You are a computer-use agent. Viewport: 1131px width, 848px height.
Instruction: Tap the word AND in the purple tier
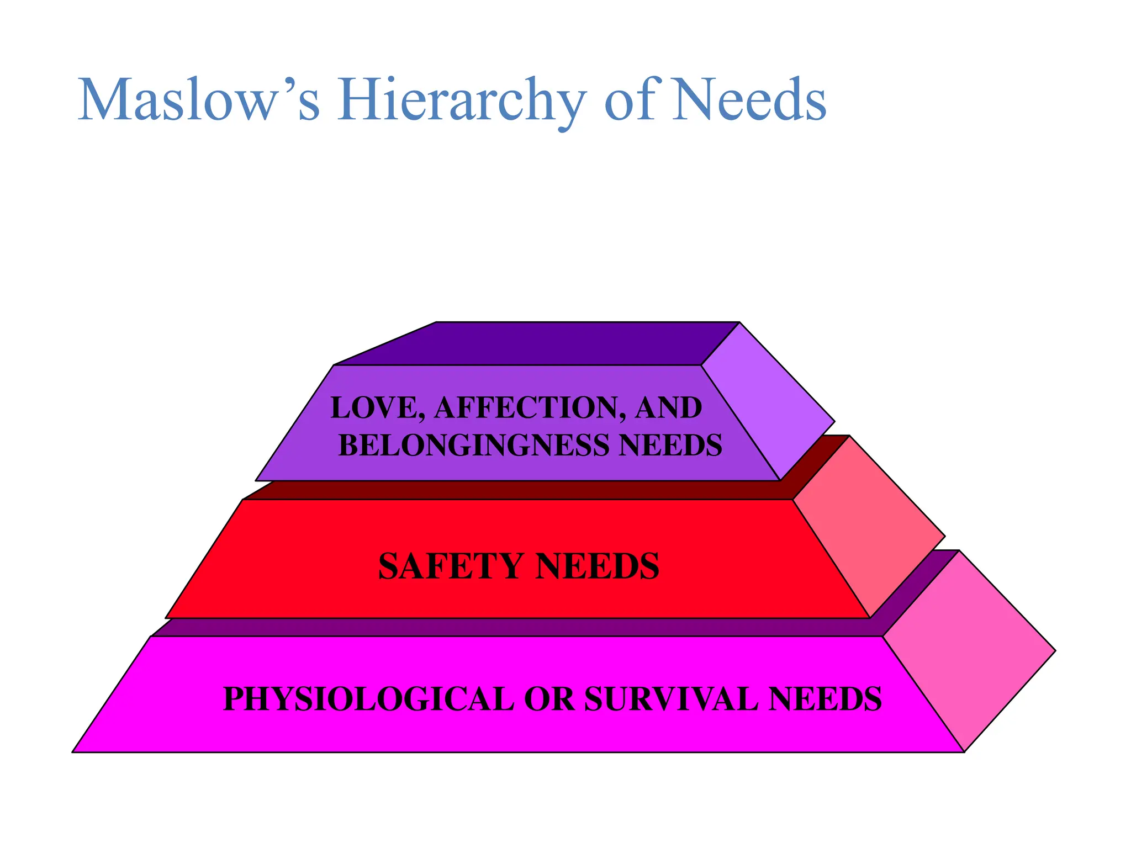668,408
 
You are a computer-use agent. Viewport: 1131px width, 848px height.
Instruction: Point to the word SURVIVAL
672,699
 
